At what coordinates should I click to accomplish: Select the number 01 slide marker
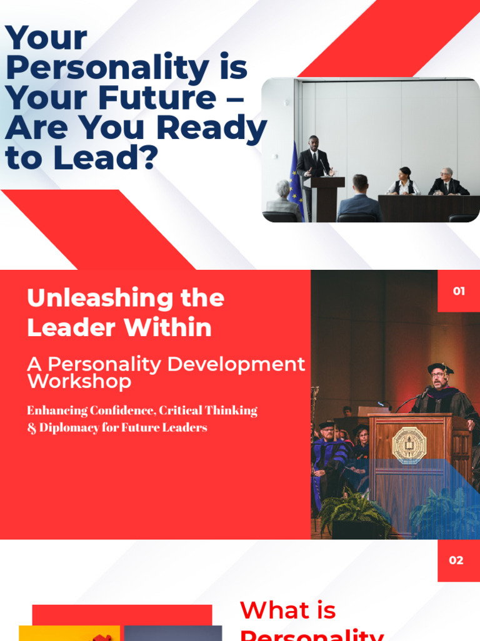pyautogui.click(x=459, y=291)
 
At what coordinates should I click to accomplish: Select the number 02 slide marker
pyautogui.click(x=457, y=560)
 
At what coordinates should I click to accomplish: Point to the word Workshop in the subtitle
pyautogui.click(x=79, y=381)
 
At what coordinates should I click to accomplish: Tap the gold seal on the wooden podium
pyautogui.click(x=409, y=446)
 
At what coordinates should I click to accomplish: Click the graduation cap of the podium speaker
pyautogui.click(x=440, y=369)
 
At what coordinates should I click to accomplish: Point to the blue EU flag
pyautogui.click(x=295, y=178)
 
